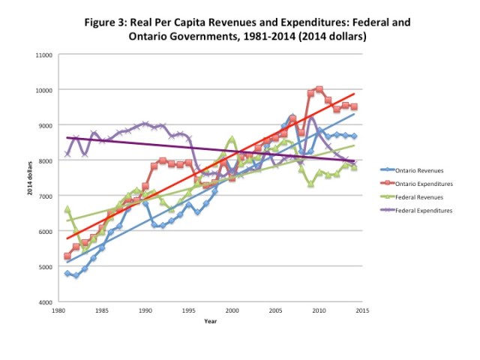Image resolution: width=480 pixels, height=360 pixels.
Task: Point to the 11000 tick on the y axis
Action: pos(43,55)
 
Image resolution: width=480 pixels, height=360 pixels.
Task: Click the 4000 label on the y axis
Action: pos(45,302)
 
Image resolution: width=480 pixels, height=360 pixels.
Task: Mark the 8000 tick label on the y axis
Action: pos(45,160)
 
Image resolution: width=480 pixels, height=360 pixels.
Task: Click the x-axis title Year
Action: pos(210,321)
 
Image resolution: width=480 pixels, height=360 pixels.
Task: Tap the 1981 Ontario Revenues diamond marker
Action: pos(67,274)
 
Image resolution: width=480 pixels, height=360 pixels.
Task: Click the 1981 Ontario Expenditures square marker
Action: pos(67,256)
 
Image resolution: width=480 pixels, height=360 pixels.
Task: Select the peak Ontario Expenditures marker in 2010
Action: pos(319,89)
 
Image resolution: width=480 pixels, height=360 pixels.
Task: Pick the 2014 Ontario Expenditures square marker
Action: pos(354,106)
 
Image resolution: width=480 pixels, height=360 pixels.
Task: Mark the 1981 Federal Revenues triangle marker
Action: pos(67,209)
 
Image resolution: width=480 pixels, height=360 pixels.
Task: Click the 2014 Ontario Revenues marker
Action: pos(354,136)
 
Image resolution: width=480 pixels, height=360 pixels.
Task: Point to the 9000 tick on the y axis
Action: pos(45,125)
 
